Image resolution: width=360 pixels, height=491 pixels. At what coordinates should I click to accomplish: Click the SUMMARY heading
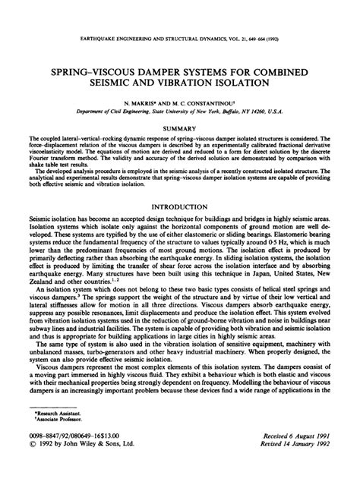click(179, 129)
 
